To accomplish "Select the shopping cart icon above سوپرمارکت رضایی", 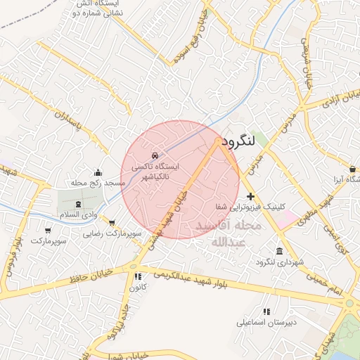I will [x=112, y=223].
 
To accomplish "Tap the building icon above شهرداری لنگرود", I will [x=280, y=252].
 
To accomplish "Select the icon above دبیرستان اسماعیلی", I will [x=266, y=311].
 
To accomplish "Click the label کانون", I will [x=138, y=287].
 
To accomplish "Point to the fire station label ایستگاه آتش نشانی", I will [x=98, y=8].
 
